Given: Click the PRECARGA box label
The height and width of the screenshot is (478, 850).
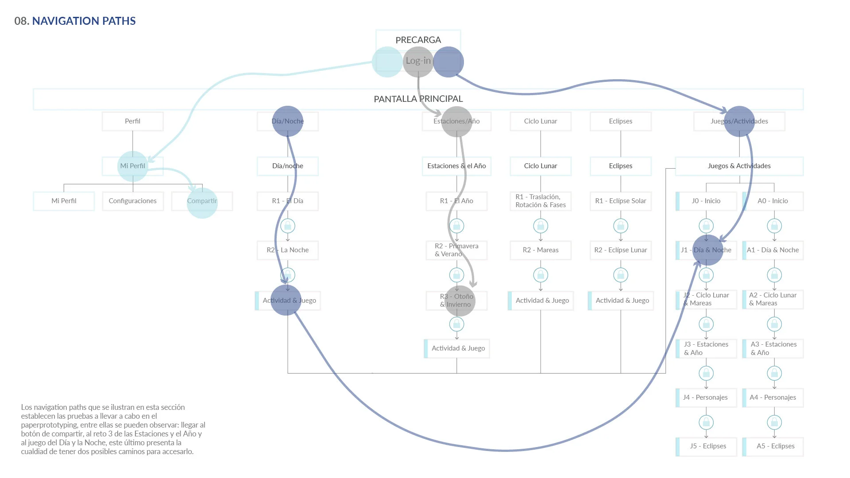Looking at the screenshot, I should click(418, 40).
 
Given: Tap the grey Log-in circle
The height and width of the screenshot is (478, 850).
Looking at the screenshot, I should click(418, 62).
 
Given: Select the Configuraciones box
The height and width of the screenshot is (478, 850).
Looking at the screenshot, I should click(132, 201).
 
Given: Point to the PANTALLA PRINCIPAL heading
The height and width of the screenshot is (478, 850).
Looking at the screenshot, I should click(418, 99).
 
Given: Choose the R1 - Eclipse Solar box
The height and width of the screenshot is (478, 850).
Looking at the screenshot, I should click(620, 201).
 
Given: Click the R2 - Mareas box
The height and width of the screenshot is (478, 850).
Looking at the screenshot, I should click(540, 250).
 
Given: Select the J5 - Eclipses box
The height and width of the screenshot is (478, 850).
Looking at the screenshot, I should click(707, 446).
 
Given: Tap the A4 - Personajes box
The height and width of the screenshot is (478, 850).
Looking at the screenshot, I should click(773, 397).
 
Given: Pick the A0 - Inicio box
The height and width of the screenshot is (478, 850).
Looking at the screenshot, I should click(773, 201).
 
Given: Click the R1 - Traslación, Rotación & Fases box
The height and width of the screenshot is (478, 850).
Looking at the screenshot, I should click(540, 201).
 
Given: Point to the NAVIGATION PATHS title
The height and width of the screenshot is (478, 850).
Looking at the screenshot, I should click(84, 21).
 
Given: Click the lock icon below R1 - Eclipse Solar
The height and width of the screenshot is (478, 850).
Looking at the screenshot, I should click(620, 226).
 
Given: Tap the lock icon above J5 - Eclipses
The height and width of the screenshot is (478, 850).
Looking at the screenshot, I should click(706, 422).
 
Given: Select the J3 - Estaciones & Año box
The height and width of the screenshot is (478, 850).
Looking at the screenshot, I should click(706, 348).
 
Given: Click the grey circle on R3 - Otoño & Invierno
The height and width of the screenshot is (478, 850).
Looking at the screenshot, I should click(460, 301).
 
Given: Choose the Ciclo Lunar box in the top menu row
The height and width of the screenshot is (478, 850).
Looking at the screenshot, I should click(540, 121).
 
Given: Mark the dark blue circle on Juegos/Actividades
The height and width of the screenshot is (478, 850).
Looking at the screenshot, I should click(739, 121).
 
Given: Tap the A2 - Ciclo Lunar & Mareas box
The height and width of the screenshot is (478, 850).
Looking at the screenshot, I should click(773, 299).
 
